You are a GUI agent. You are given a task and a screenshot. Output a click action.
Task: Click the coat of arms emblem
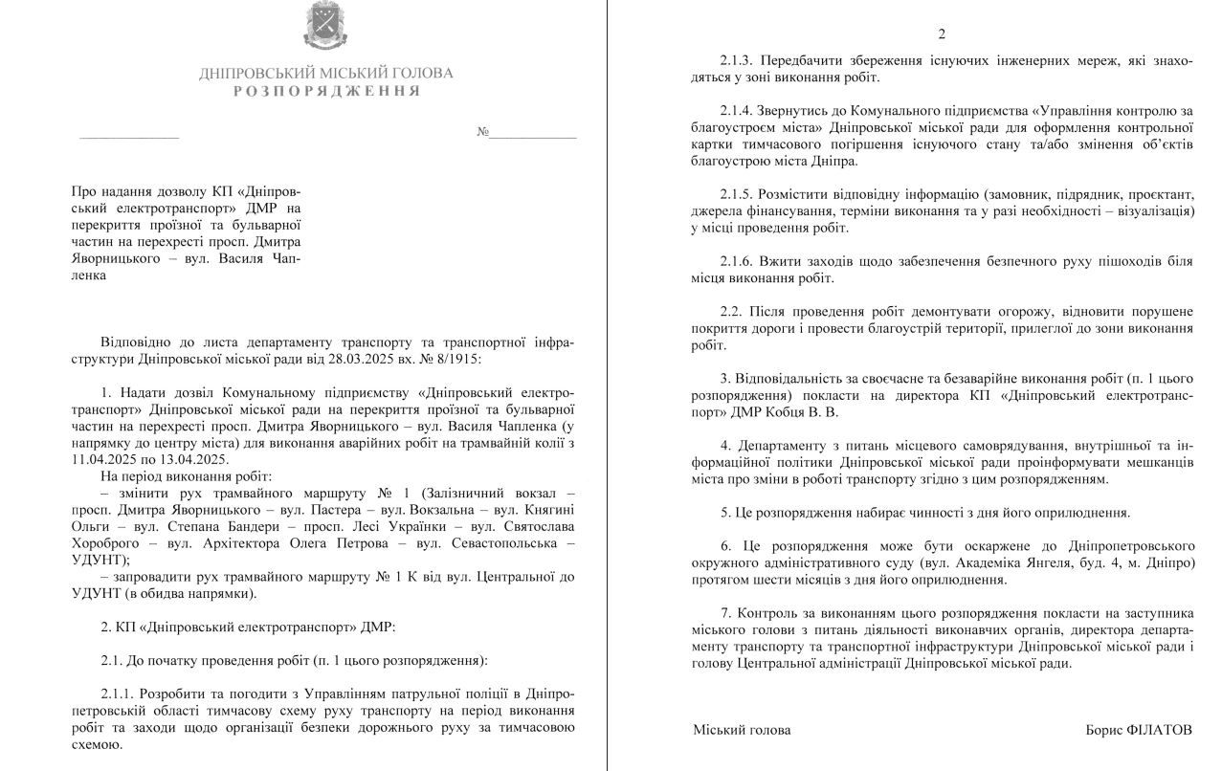click(x=325, y=26)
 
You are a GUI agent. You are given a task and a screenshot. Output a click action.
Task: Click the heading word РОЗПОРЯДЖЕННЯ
click(x=326, y=91)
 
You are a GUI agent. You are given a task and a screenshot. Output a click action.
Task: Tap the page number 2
click(x=942, y=34)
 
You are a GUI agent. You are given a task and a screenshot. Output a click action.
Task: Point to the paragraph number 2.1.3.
click(x=739, y=61)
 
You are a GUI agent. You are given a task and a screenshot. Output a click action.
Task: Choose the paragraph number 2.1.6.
click(x=739, y=260)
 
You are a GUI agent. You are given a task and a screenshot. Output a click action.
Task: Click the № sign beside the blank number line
click(x=482, y=132)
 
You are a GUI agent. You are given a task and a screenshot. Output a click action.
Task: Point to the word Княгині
click(x=550, y=509)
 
